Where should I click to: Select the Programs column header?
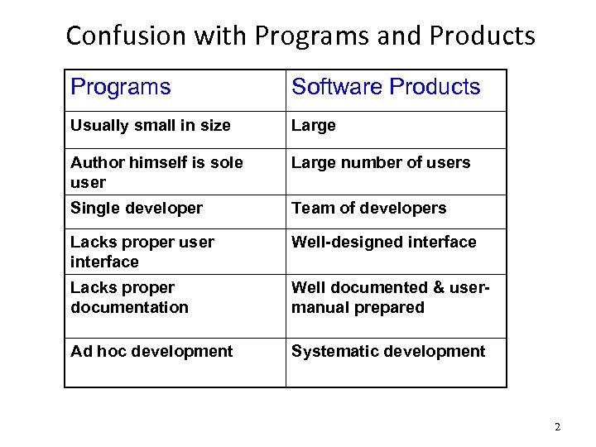(x=121, y=87)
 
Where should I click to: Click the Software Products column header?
(x=386, y=87)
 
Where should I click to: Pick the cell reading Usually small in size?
(x=151, y=126)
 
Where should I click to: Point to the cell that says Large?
(x=314, y=126)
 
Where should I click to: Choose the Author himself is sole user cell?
(x=156, y=171)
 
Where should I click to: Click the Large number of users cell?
(x=381, y=163)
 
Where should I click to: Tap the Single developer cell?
(x=137, y=209)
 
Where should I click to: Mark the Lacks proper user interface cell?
(x=142, y=252)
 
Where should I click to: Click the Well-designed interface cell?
(x=384, y=243)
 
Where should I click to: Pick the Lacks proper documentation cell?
(x=130, y=297)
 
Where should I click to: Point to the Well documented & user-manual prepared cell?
(x=391, y=297)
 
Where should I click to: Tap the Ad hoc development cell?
(x=151, y=351)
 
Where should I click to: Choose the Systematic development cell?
(x=388, y=351)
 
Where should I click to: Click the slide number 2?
(x=557, y=427)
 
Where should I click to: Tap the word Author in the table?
(x=94, y=163)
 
